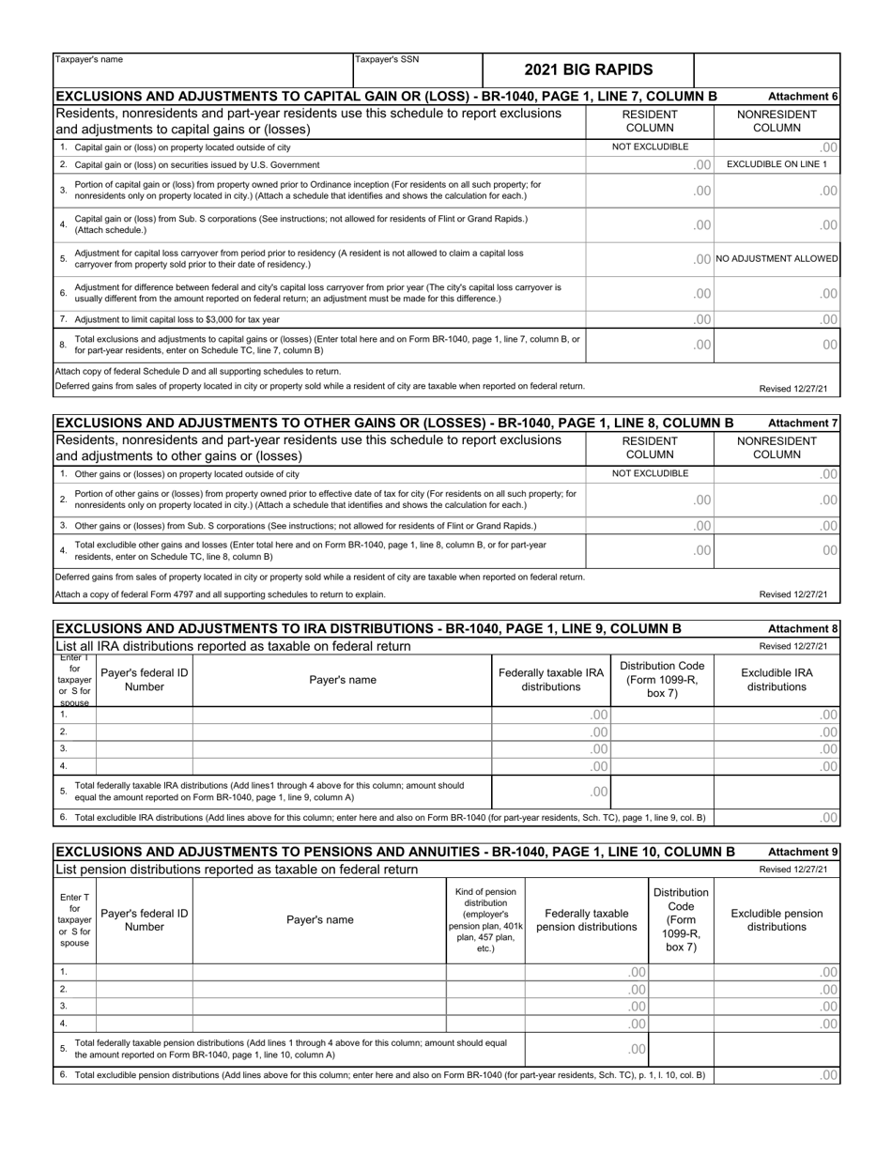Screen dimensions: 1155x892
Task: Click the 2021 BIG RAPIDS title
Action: pyautogui.click(x=588, y=69)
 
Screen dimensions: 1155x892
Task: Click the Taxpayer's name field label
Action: pyautogui.click(x=89, y=60)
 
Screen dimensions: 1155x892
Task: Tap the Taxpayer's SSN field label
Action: pyautogui.click(x=387, y=60)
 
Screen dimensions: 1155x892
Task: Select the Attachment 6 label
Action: pyautogui.click(x=802, y=97)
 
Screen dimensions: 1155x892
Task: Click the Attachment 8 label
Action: pyautogui.click(x=802, y=629)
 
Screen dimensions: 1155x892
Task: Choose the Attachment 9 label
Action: pyautogui.click(x=802, y=852)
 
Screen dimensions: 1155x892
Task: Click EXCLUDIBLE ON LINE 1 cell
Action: pyautogui.click(x=777, y=164)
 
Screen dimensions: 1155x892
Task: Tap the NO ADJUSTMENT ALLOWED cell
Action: pyautogui.click(x=777, y=258)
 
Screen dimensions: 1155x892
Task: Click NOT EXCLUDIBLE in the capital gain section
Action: pyautogui.click(x=650, y=146)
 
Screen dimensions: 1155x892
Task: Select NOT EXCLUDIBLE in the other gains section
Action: pyautogui.click(x=650, y=473)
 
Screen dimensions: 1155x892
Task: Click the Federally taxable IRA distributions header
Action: pyautogui.click(x=550, y=680)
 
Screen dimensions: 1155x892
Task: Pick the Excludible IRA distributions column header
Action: pyautogui.click(x=777, y=680)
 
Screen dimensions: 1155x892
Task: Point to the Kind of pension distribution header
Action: pyautogui.click(x=484, y=920)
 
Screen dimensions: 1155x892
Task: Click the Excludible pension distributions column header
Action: pyautogui.click(x=777, y=920)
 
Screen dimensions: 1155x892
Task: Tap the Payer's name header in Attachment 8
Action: pyautogui.click(x=342, y=680)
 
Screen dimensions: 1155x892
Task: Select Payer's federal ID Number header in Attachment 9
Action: pyautogui.click(x=144, y=920)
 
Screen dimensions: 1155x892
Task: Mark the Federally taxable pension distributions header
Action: pyautogui.click(x=586, y=920)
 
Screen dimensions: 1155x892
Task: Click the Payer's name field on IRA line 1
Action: pyautogui.click(x=342, y=715)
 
